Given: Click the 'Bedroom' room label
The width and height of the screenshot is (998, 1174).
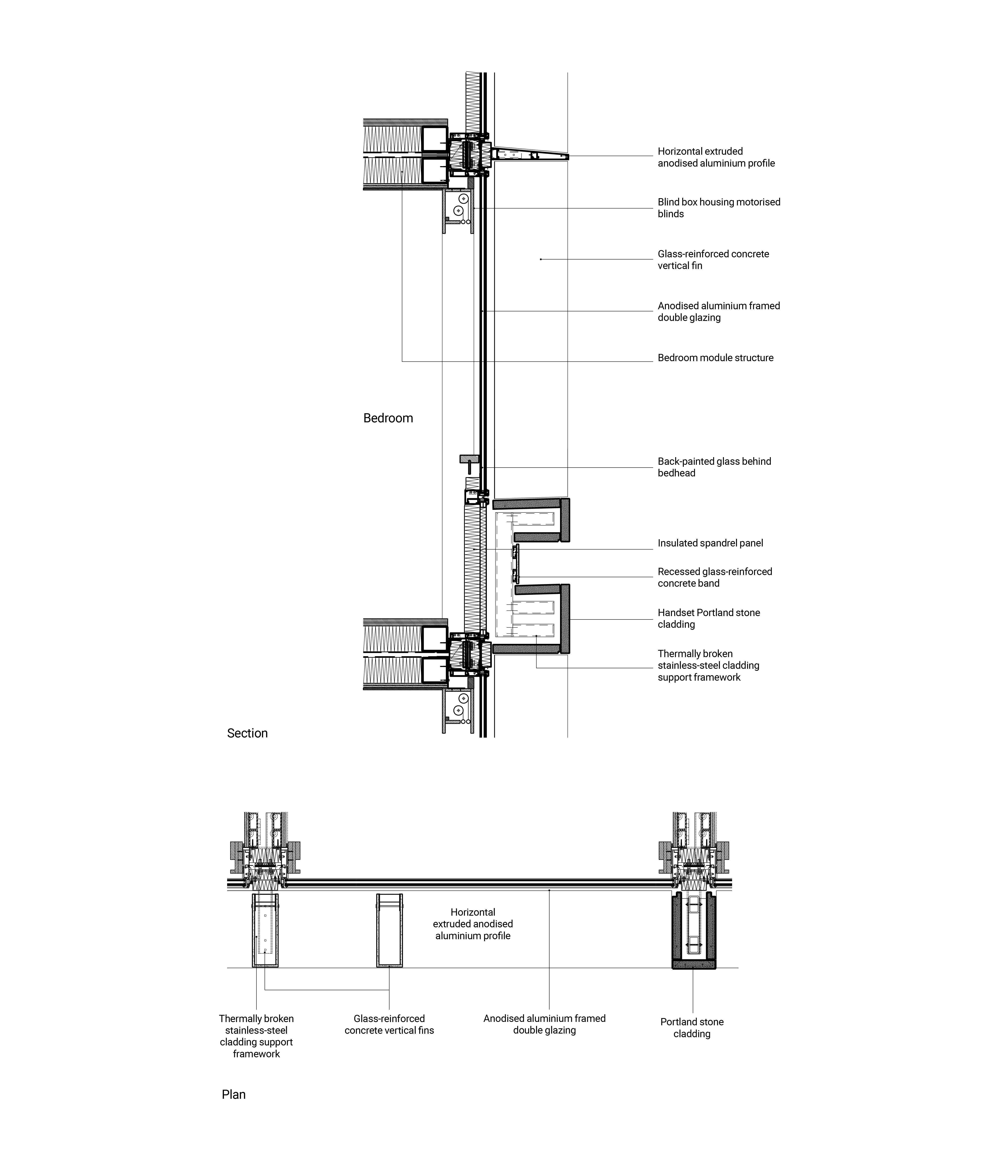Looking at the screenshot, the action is click(388, 418).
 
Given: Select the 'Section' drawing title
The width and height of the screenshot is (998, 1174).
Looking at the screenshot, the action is click(247, 733).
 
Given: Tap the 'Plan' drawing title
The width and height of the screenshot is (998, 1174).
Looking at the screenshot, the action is click(234, 1094).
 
